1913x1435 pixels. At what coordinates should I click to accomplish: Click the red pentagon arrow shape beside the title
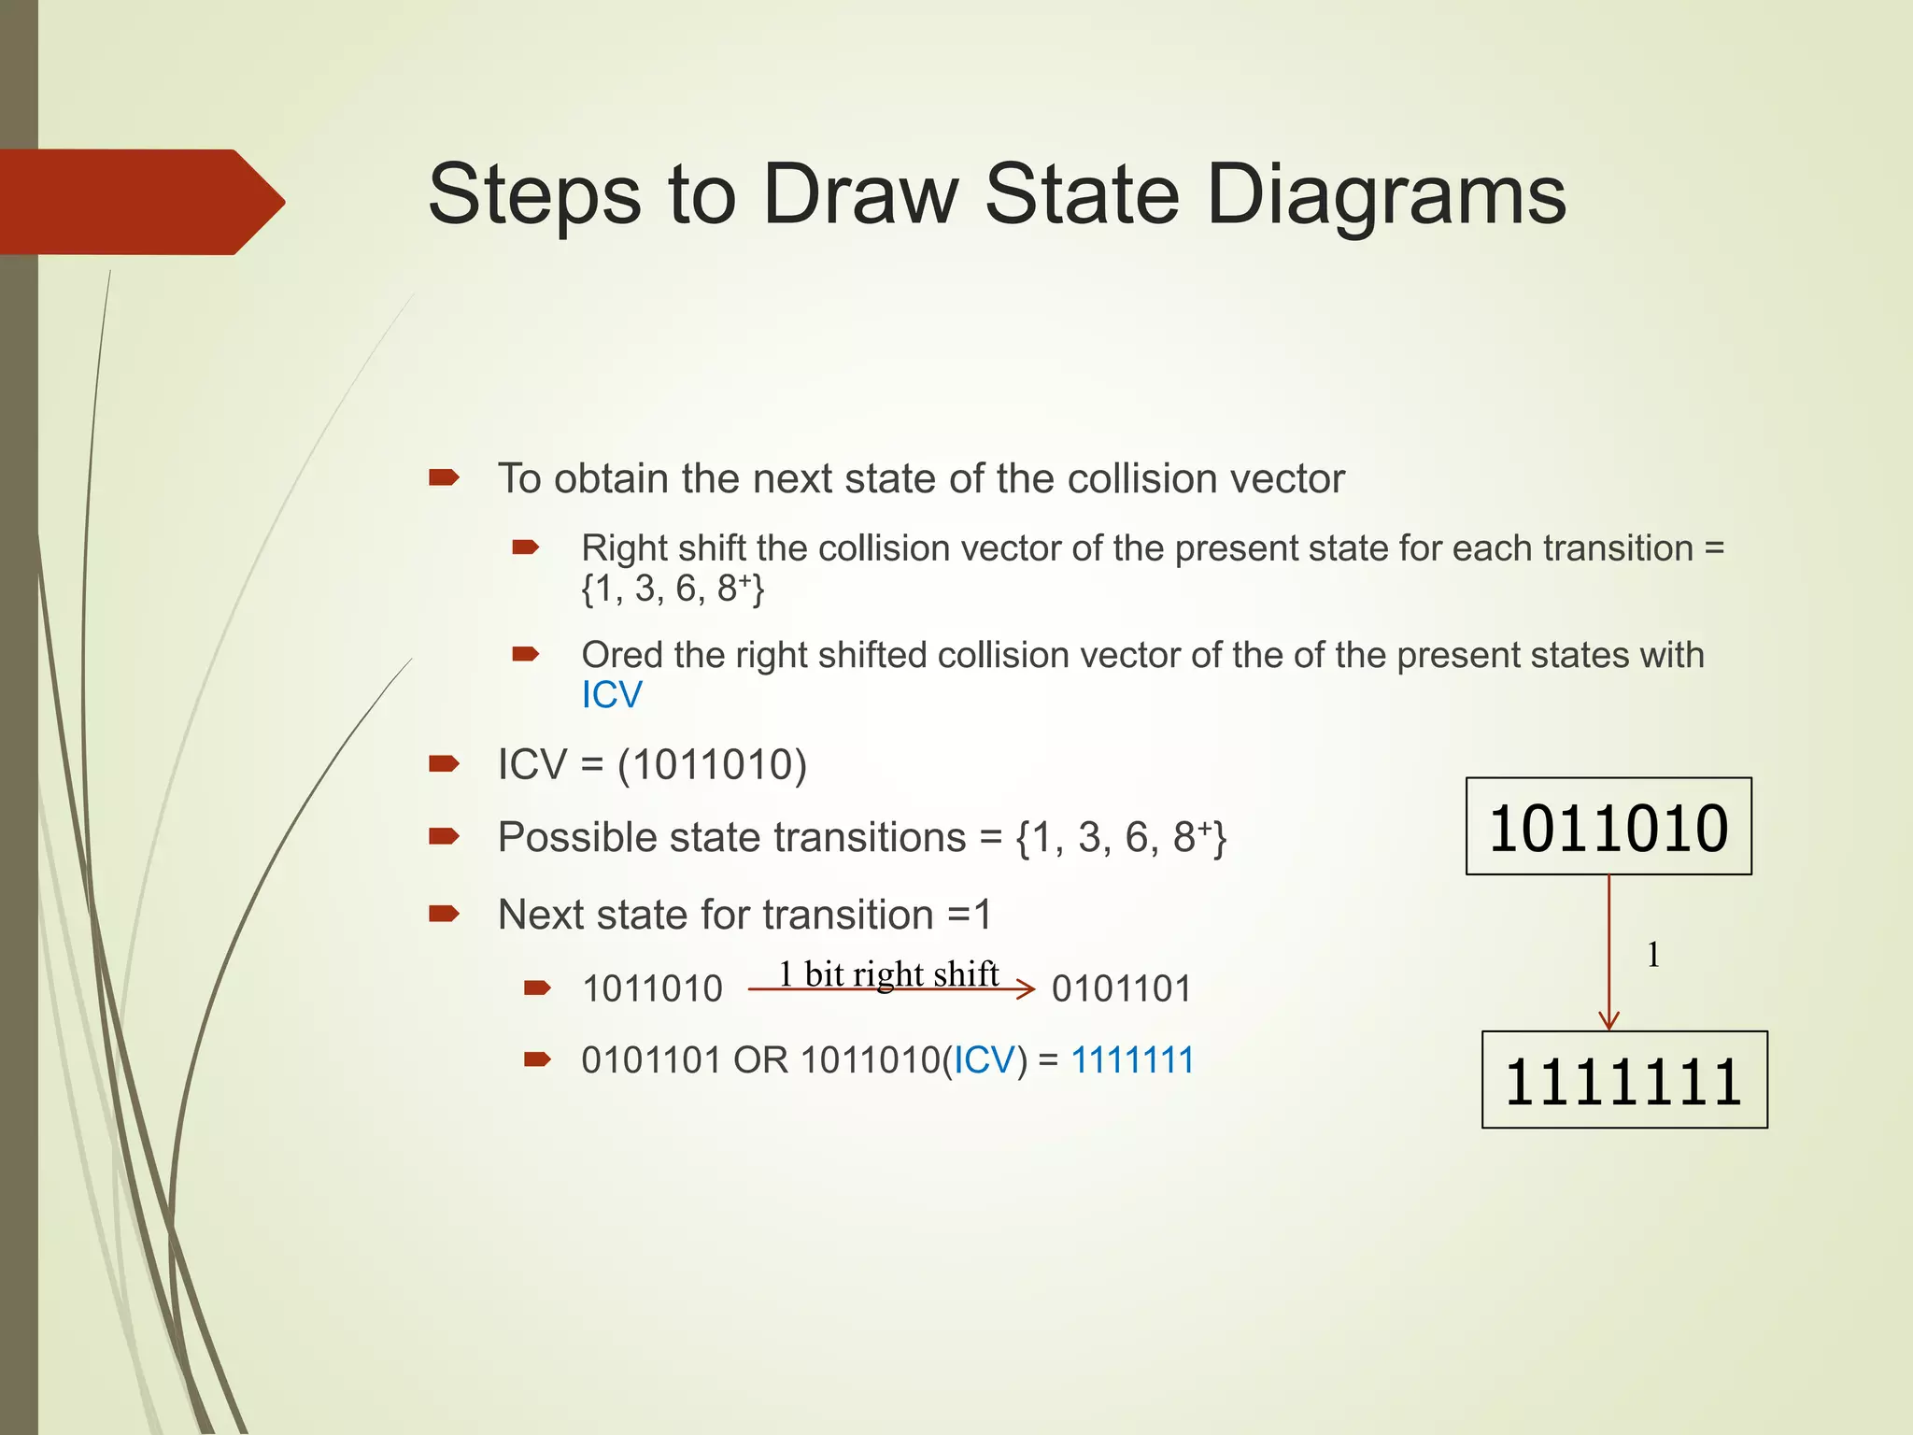tap(142, 202)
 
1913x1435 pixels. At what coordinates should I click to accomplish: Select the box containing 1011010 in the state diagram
tap(1608, 826)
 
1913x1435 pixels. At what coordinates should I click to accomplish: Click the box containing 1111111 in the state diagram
tap(1624, 1080)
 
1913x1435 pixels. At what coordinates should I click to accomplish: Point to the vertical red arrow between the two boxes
tap(1608, 953)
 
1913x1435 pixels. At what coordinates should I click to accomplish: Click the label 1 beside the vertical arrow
tap(1653, 955)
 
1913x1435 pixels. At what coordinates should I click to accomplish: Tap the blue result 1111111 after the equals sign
tap(1132, 1060)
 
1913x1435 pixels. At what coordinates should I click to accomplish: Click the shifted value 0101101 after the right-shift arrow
tap(1122, 988)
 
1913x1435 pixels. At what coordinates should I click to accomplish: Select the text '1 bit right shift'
tap(888, 974)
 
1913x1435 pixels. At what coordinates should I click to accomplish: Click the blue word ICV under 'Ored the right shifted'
tap(612, 695)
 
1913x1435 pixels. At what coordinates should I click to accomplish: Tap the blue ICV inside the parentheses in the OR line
tap(984, 1060)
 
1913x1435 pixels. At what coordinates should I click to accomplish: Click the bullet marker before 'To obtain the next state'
tap(444, 478)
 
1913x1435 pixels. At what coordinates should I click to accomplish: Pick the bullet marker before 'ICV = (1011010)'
tap(444, 764)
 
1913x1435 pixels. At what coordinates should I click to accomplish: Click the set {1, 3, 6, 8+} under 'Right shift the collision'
tap(673, 589)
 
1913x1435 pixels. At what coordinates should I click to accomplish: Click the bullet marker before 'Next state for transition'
tap(444, 914)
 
